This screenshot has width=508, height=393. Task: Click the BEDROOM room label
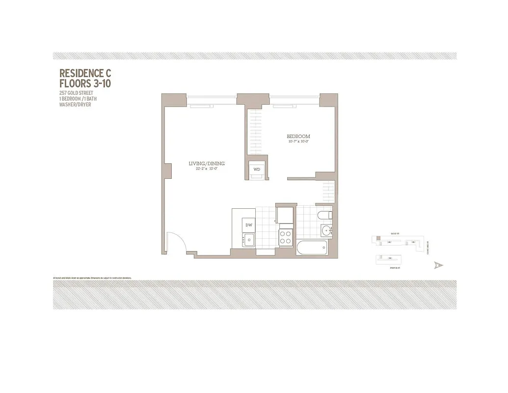pos(298,136)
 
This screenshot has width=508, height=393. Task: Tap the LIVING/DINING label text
pos(207,164)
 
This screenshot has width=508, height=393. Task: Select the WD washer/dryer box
pos(257,169)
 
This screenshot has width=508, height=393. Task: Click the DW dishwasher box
pos(248,225)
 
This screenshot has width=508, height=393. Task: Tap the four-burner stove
pos(286,238)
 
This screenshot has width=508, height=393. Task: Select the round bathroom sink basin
pos(326,231)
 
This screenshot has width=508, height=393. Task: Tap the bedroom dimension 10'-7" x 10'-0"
pos(298,142)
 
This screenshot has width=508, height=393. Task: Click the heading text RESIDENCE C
pos(85,74)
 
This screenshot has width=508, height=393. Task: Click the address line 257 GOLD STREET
pos(76,93)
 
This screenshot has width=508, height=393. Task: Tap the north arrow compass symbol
pos(438,265)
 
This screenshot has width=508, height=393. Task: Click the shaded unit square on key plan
pos(378,239)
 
